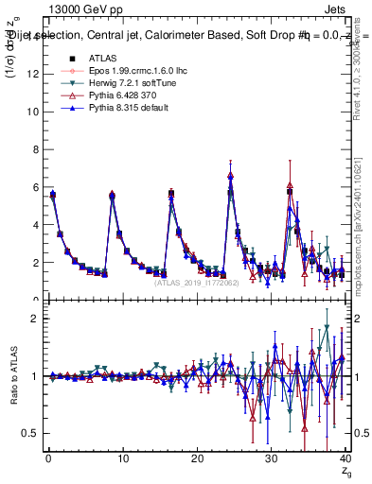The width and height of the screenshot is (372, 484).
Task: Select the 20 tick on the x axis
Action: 196,460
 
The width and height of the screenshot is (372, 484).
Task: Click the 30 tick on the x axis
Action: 271,460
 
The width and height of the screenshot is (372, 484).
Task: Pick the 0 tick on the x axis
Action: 47,460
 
